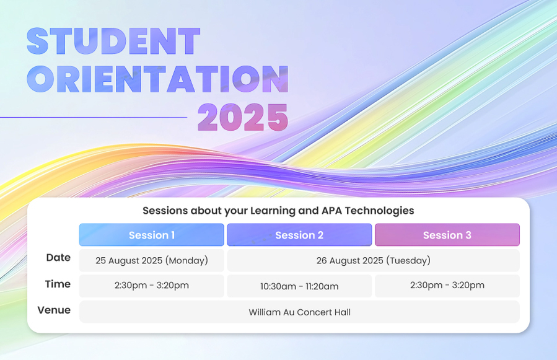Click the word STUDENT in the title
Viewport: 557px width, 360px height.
(113, 41)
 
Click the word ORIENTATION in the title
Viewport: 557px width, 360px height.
(158, 79)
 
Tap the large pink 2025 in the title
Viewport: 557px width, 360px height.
(243, 117)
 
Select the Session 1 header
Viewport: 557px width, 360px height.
(152, 235)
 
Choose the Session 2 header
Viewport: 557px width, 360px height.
(299, 235)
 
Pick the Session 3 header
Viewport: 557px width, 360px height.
(447, 235)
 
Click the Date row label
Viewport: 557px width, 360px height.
(58, 257)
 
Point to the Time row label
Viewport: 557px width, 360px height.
(58, 284)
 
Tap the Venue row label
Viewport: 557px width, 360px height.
(54, 310)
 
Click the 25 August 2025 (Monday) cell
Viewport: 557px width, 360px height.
(152, 260)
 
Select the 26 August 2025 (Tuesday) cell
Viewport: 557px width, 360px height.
(374, 260)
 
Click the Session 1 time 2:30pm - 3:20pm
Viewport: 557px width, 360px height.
(152, 286)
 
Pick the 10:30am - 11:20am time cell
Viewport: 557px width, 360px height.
(299, 286)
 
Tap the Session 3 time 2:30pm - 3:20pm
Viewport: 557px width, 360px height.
(447, 286)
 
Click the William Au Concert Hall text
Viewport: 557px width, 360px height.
(299, 312)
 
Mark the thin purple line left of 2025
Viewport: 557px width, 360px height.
(94, 117)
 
